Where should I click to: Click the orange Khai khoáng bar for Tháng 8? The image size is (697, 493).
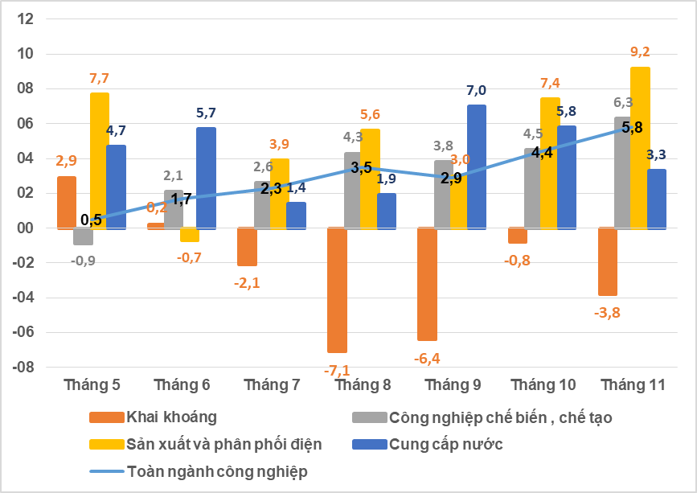337,290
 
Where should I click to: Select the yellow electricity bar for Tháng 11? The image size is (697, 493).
640,148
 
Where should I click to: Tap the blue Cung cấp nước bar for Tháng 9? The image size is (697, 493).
477,166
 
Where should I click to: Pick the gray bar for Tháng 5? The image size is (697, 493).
83,236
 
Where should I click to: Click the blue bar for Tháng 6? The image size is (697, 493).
206,178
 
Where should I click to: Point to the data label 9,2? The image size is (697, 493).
640,51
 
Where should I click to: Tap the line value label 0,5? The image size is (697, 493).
91,220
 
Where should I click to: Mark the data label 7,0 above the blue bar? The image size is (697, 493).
477,90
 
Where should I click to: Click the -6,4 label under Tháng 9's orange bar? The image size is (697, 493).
428,358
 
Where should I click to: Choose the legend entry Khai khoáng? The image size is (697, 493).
171,417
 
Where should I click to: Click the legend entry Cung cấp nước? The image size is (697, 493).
445,444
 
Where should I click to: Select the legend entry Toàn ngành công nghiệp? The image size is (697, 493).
216,471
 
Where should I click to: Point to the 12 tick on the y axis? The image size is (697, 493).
25,19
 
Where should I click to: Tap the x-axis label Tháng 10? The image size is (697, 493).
544,385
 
